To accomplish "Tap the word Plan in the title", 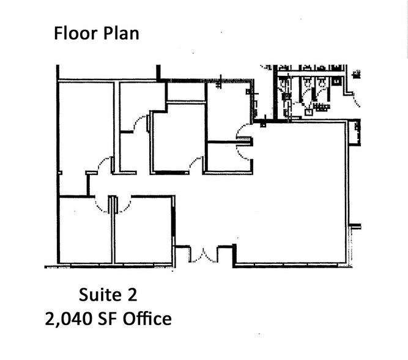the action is tap(121, 34).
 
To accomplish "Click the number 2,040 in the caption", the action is tap(69, 319).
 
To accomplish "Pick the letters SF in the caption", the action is tap(107, 318).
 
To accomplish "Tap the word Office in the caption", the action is tap(147, 318).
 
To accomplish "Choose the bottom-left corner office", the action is tap(85, 231).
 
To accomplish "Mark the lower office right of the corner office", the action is tap(143, 231).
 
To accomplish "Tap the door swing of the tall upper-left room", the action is tap(104, 163).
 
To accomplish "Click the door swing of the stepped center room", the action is tap(196, 163).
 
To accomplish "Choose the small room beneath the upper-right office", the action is tap(229, 157).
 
